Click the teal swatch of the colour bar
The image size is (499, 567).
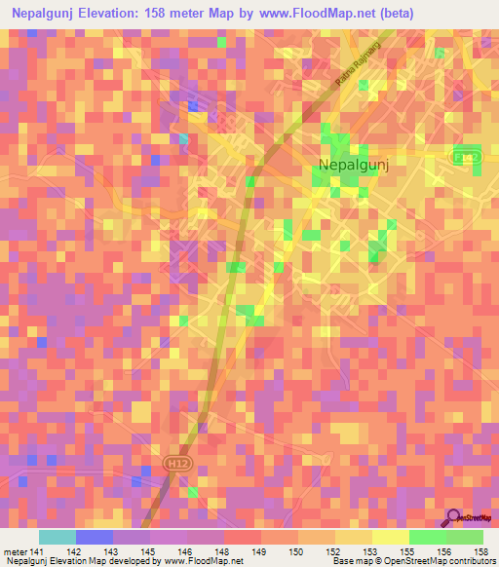(x=58, y=536)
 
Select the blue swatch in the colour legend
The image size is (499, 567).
(x=95, y=536)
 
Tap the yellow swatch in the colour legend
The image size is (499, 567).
(x=390, y=536)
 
